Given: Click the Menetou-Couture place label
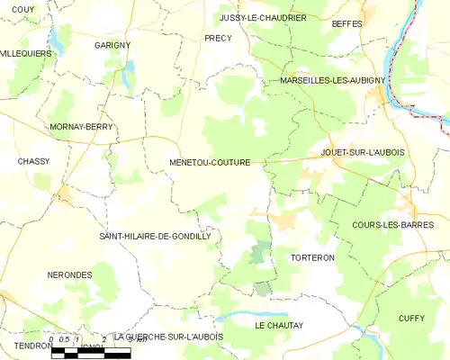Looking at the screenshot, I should (x=209, y=163).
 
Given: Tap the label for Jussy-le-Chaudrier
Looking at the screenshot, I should (x=263, y=17).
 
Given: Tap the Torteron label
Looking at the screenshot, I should (x=313, y=257).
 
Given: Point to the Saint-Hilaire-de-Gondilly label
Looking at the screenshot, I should (x=154, y=236).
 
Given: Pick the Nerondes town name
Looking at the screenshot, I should (x=69, y=274).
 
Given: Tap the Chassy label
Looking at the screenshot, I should (x=32, y=162).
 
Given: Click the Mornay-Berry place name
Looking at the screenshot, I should (x=82, y=128).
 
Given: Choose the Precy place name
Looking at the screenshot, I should (x=218, y=39).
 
